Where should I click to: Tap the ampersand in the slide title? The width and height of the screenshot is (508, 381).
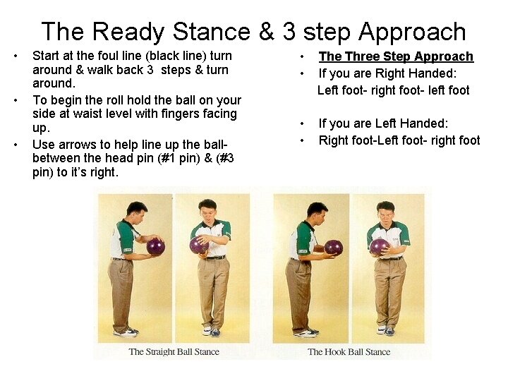pos(268,32)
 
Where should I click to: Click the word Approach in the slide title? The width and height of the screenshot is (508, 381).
pos(412,32)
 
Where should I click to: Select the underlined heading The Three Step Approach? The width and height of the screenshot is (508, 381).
pos(396,56)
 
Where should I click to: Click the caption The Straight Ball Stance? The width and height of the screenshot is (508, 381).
pos(174,351)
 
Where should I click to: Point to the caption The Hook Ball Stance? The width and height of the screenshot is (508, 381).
pos(349,351)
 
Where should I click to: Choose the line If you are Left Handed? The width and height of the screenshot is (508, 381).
pos(383,124)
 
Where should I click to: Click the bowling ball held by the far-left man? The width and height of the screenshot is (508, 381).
pos(155,246)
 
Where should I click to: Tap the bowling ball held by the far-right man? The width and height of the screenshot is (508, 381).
pos(380,246)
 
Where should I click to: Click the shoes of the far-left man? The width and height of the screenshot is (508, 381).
pos(125,331)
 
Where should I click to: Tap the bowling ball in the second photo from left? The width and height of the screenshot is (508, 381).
pos(198,245)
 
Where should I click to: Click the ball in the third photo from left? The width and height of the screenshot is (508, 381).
pos(333,247)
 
